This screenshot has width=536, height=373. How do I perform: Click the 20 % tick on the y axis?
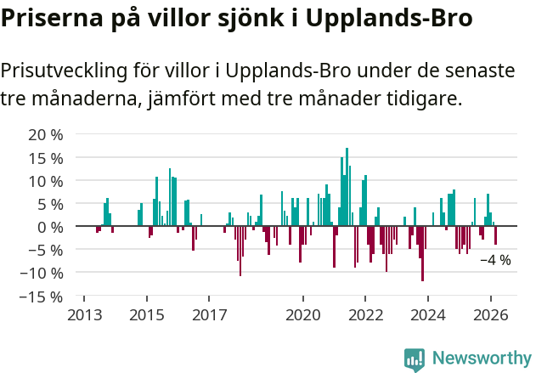[45, 135]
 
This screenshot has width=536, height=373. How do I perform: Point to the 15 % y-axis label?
[45, 158]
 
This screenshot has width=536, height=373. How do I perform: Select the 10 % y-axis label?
[45, 181]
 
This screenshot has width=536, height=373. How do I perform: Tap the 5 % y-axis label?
[49, 204]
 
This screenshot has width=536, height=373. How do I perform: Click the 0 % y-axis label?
[49, 227]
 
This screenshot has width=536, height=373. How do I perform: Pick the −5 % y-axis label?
[45, 251]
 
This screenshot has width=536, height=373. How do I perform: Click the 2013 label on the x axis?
[83, 315]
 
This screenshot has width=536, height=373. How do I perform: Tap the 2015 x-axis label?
[146, 315]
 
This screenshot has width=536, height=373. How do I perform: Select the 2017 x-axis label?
[209, 315]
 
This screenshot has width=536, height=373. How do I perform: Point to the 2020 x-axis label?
[303, 315]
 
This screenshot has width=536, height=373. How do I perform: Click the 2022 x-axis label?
[366, 315]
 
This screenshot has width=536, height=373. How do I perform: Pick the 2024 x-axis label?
[428, 315]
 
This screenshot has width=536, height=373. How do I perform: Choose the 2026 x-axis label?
[491, 315]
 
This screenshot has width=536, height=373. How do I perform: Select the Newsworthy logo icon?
[415, 359]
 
